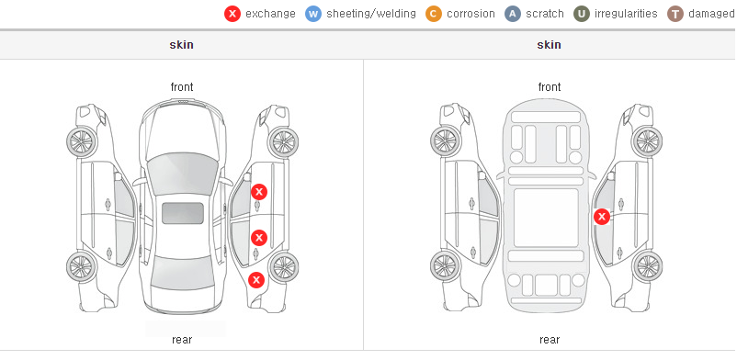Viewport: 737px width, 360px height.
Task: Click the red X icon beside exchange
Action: pyautogui.click(x=232, y=14)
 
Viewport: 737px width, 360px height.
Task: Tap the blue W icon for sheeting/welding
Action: pyautogui.click(x=313, y=14)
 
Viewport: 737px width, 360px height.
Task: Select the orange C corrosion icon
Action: pyautogui.click(x=434, y=14)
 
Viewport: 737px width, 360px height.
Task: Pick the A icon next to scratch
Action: pyautogui.click(x=513, y=14)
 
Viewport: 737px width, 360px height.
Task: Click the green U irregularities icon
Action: pyautogui.click(x=582, y=14)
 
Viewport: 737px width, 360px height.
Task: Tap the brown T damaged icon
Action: pyautogui.click(x=675, y=14)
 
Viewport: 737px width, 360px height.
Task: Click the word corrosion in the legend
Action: pyautogui.click(x=471, y=14)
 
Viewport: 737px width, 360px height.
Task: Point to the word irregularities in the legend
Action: pyautogui.click(x=626, y=14)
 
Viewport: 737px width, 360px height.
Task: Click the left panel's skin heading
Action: pyautogui.click(x=181, y=45)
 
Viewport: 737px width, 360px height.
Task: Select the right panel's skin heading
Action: pyautogui.click(x=549, y=45)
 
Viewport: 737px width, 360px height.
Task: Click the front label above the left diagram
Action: pyautogui.click(x=182, y=87)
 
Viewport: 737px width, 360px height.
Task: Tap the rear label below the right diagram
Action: pyautogui.click(x=550, y=340)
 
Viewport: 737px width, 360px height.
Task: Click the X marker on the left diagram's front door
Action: pyautogui.click(x=259, y=192)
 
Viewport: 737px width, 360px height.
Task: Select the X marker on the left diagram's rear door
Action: pyautogui.click(x=259, y=238)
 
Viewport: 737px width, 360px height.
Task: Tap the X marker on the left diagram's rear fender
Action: pyautogui.click(x=256, y=281)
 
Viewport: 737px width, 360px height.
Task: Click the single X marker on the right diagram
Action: pyautogui.click(x=602, y=217)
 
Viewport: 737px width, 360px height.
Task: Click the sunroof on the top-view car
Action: pyautogui.click(x=183, y=213)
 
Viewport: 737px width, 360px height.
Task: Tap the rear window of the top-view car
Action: pyautogui.click(x=182, y=271)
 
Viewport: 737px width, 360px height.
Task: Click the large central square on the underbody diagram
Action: pyautogui.click(x=546, y=218)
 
